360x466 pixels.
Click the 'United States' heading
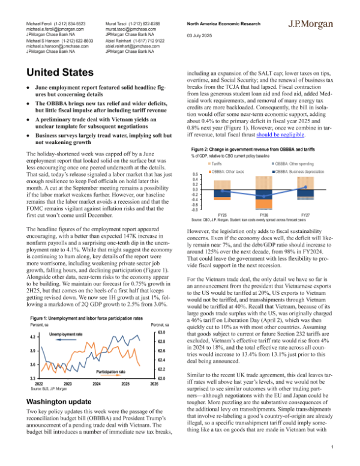pyautogui.click(x=61, y=74)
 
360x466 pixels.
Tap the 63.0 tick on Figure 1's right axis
pyautogui.click(x=161, y=331)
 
